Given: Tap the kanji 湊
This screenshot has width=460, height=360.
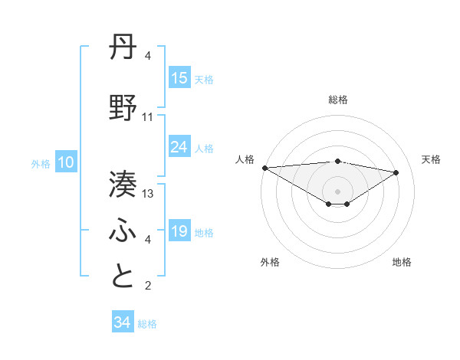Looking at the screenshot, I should pos(123,183).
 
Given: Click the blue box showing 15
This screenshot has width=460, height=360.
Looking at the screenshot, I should pos(179,78).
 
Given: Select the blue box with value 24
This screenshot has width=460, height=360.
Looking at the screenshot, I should pos(179,147).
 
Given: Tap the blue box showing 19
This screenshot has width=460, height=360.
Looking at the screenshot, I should pos(179,231).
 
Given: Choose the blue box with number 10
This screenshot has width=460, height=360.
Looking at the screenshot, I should pos(65,162).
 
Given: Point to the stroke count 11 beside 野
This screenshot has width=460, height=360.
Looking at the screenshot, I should pos(148,116).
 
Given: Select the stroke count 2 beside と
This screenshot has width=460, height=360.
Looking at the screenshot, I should pos(147,286).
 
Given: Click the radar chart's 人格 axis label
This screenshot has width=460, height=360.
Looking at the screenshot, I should pos(245,159).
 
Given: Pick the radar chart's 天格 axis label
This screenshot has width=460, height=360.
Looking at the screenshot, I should pos(431,159).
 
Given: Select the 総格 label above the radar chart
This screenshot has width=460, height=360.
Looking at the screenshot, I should pos(337,100).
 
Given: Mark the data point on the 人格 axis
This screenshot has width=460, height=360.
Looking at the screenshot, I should pos(264,167).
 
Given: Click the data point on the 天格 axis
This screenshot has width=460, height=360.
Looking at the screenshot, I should pos(396,172).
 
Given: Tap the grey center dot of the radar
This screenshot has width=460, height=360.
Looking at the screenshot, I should pos(337,190).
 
